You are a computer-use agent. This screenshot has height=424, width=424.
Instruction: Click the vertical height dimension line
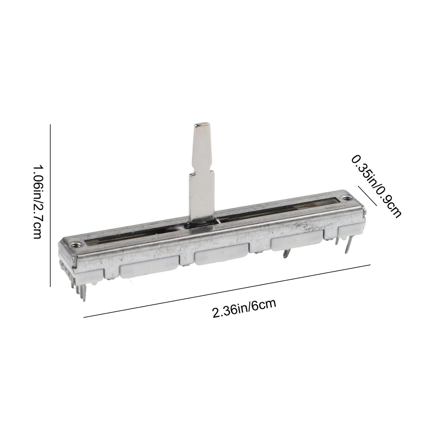[50, 205]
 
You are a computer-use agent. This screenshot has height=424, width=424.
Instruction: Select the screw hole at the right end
[347, 198]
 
